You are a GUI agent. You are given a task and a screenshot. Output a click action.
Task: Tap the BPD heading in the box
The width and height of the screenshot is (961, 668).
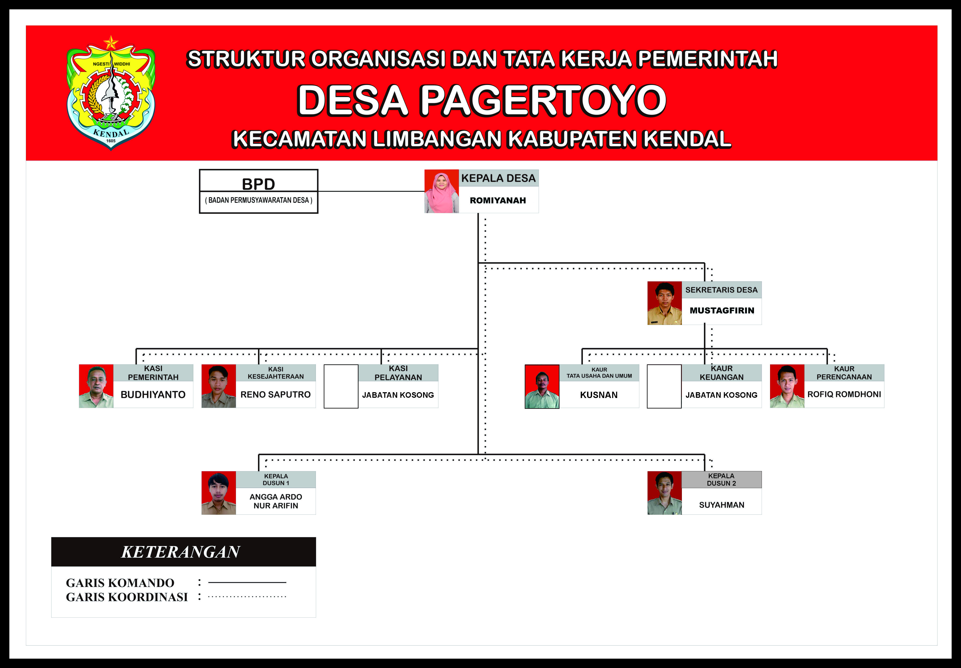point(258,184)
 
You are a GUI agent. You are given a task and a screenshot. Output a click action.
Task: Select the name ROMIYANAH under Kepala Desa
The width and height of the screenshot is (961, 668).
point(498,200)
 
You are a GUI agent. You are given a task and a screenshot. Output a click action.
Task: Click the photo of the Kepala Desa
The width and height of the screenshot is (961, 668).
point(442,191)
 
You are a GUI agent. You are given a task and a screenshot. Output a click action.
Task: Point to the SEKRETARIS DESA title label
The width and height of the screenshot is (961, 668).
point(721,290)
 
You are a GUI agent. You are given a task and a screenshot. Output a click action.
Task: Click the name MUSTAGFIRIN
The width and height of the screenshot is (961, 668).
point(721,310)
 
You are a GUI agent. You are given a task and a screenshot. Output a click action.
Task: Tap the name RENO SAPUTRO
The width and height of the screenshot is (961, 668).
point(275,395)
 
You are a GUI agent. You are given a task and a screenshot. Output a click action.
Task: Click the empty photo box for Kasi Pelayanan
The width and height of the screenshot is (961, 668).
point(341,386)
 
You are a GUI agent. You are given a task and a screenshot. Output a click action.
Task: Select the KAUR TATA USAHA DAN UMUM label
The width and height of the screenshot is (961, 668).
point(599,373)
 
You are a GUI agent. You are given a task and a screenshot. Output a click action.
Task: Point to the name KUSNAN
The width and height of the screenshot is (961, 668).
point(598,395)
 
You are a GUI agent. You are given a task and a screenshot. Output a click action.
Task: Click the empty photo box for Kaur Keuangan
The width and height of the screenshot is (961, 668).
point(664,386)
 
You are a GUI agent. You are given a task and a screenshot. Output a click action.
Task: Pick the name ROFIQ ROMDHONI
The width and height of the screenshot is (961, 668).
point(844,394)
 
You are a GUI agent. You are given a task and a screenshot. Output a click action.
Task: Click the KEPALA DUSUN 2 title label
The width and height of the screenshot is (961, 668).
point(721,479)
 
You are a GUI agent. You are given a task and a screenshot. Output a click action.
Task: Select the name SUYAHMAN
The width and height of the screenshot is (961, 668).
point(721,505)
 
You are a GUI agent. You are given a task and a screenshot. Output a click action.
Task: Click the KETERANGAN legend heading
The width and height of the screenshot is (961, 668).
point(181,552)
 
